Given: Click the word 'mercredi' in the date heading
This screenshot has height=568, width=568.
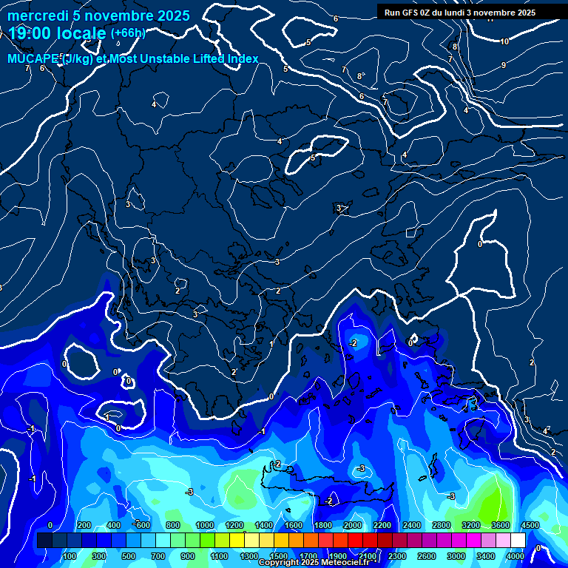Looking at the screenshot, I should click(x=35, y=16).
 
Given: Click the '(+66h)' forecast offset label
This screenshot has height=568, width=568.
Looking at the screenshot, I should click(x=127, y=33).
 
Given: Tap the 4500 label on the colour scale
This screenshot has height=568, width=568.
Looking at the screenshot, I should click(x=530, y=525).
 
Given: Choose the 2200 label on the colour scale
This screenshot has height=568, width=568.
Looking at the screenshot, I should click(x=382, y=525).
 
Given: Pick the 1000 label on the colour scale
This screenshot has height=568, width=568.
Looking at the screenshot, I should click(x=204, y=525).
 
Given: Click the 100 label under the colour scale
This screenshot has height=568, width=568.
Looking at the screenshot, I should click(x=70, y=555).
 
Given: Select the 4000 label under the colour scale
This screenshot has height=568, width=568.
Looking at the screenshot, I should click(x=515, y=555).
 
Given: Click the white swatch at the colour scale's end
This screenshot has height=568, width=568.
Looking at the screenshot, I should click(x=518, y=541).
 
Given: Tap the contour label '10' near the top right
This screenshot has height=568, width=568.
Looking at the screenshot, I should click(x=504, y=41).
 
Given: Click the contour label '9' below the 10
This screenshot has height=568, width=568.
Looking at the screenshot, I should click(x=504, y=65).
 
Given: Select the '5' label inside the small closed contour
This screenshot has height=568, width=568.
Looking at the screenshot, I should click(x=313, y=158).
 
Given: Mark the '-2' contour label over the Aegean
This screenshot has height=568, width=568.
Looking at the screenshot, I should click(x=354, y=343).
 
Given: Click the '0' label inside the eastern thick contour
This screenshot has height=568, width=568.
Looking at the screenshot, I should click(x=480, y=244).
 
